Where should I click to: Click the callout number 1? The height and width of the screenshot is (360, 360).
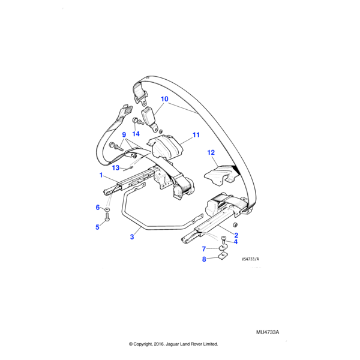[101, 175]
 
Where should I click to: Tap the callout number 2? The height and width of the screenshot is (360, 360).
[236, 235]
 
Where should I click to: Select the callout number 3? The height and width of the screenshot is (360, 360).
[131, 237]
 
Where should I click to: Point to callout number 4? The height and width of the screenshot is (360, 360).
[236, 242]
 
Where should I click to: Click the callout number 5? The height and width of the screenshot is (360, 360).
[97, 227]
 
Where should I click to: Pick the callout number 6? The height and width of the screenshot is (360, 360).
[97, 208]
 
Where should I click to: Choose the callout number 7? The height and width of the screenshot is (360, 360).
[204, 248]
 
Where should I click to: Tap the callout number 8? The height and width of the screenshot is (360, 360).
[204, 259]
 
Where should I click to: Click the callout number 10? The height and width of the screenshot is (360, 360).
[164, 98]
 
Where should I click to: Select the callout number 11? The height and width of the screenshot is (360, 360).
[196, 136]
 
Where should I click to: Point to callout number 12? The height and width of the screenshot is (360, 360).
[211, 153]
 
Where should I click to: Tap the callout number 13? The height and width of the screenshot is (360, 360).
[116, 167]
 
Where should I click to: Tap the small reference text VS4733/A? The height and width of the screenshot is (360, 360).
[251, 259]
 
